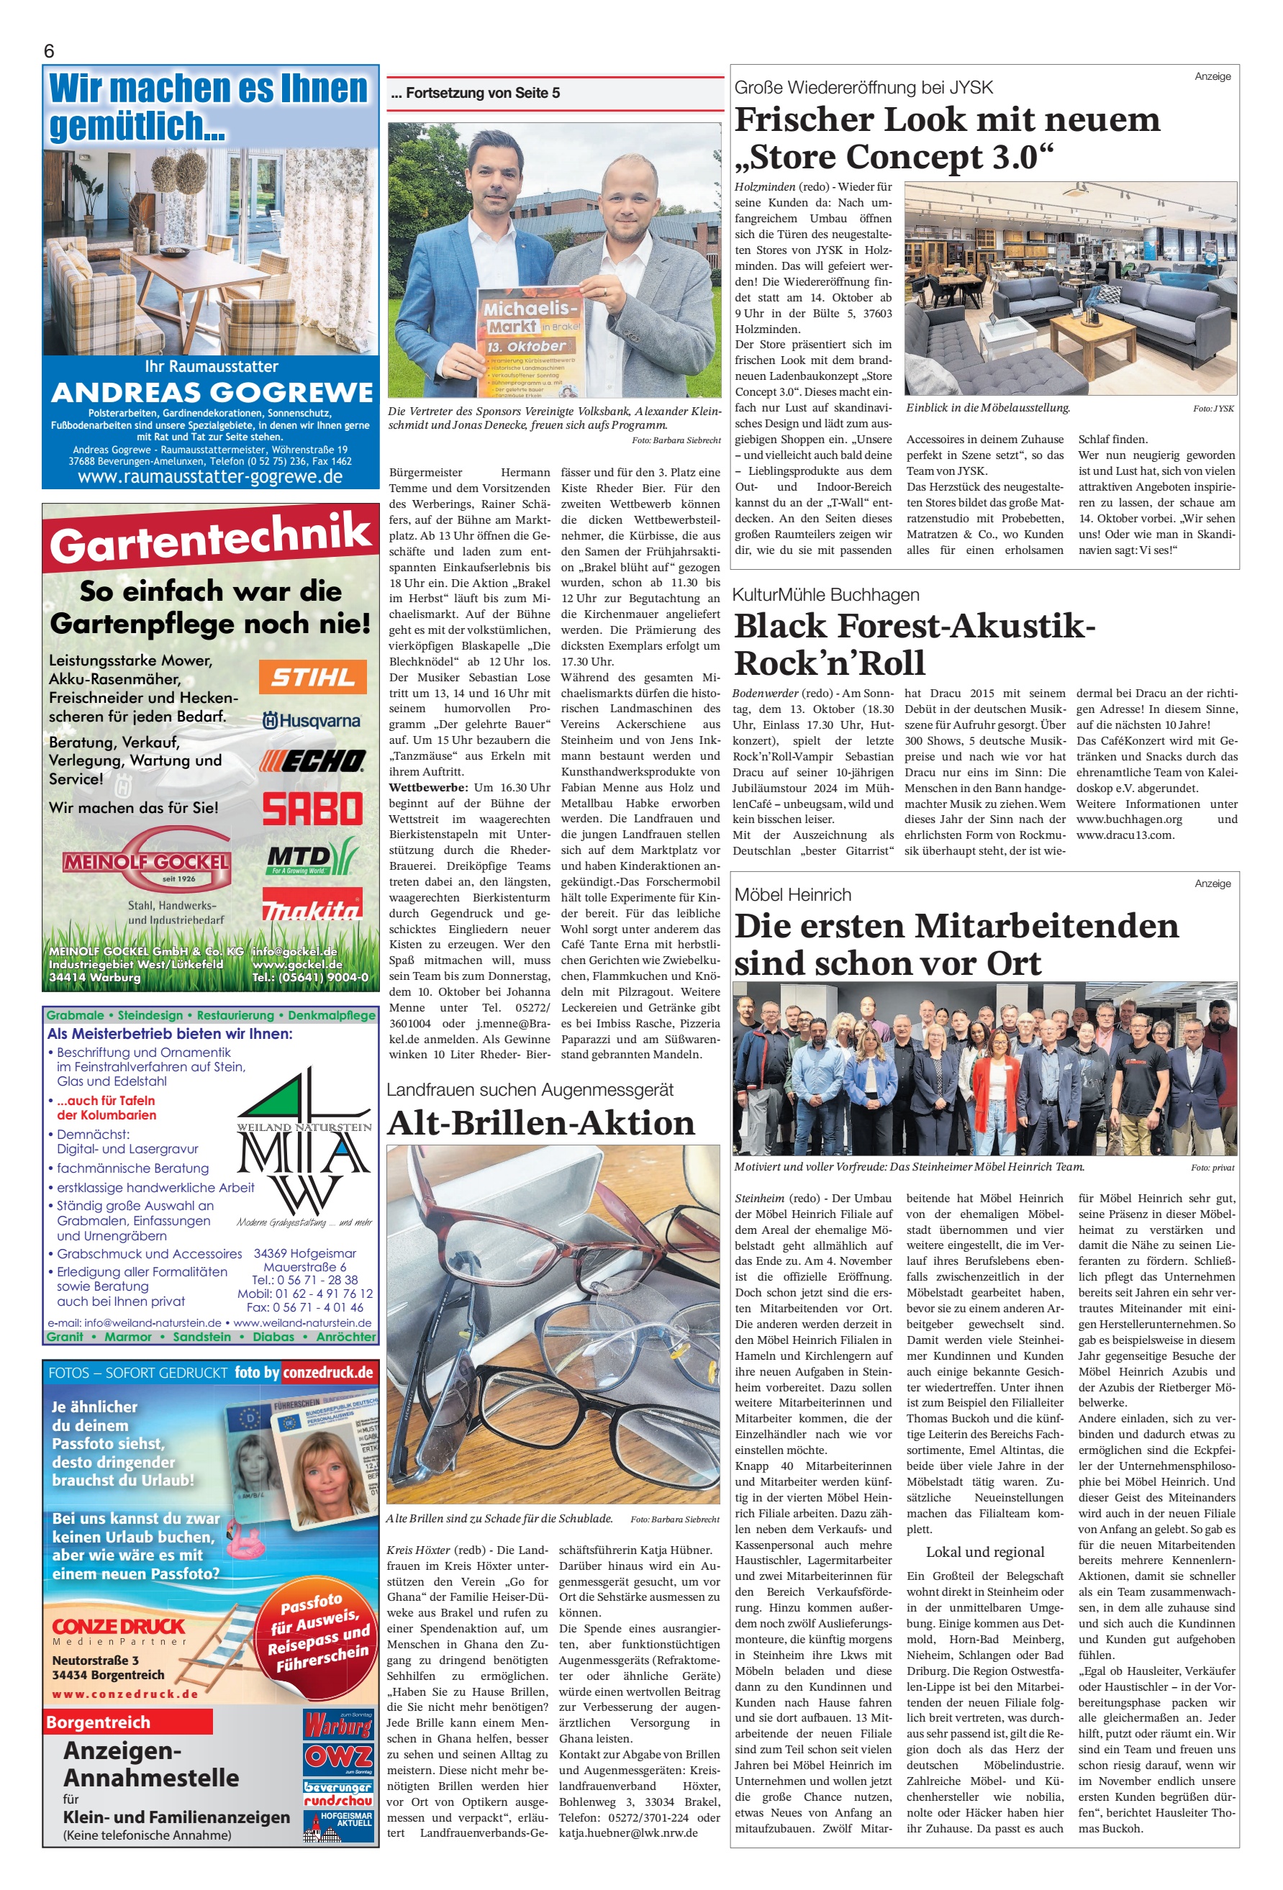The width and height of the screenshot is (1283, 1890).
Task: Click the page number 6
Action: tap(49, 51)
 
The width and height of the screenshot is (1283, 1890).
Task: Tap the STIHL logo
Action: tap(312, 676)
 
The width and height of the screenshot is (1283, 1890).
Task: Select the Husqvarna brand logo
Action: tap(312, 721)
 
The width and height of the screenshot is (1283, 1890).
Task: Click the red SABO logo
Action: tap(312, 809)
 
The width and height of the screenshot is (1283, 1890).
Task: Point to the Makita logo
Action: tap(312, 905)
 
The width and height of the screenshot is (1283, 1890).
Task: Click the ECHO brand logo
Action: tap(312, 761)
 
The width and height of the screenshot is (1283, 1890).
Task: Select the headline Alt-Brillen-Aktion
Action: tap(540, 1123)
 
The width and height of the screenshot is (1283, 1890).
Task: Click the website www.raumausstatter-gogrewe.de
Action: tap(210, 476)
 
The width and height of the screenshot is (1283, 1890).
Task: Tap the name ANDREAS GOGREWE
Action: tap(212, 393)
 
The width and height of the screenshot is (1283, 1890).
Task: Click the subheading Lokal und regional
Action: tap(985, 1552)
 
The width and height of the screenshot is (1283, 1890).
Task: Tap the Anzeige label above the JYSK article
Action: tap(1212, 76)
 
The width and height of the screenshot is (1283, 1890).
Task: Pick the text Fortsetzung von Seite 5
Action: tap(475, 94)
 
